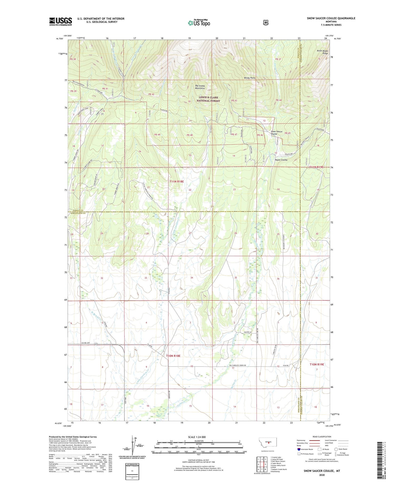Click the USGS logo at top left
(60, 21)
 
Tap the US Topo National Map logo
(199, 23)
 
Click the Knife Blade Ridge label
(322, 52)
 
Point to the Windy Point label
(249, 78)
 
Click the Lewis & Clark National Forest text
(208, 99)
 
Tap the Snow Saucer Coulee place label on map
(276, 133)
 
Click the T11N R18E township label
(177, 182)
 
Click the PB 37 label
(278, 59)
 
